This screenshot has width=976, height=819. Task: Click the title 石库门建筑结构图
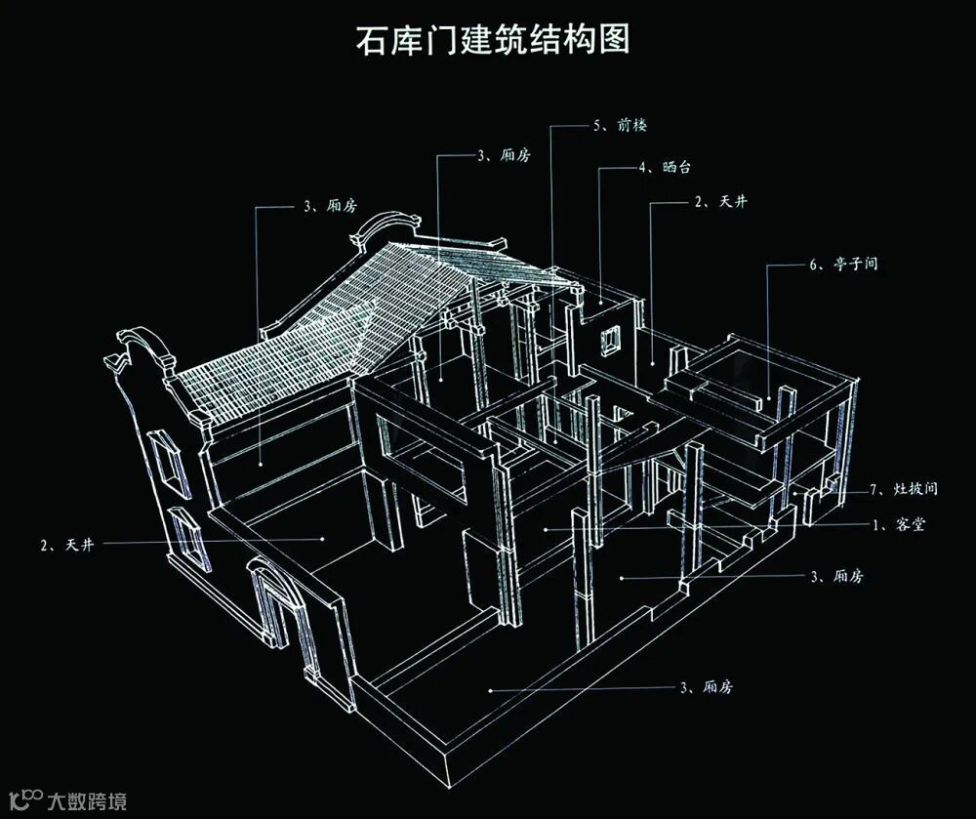coord(489,40)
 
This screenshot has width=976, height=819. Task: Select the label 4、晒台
coord(666,168)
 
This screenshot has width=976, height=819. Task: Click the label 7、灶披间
coord(903,488)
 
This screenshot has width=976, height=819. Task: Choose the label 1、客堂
coord(897,524)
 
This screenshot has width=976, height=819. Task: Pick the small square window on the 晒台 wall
coord(612,339)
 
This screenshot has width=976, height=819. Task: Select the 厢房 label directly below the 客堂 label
coord(836,577)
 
